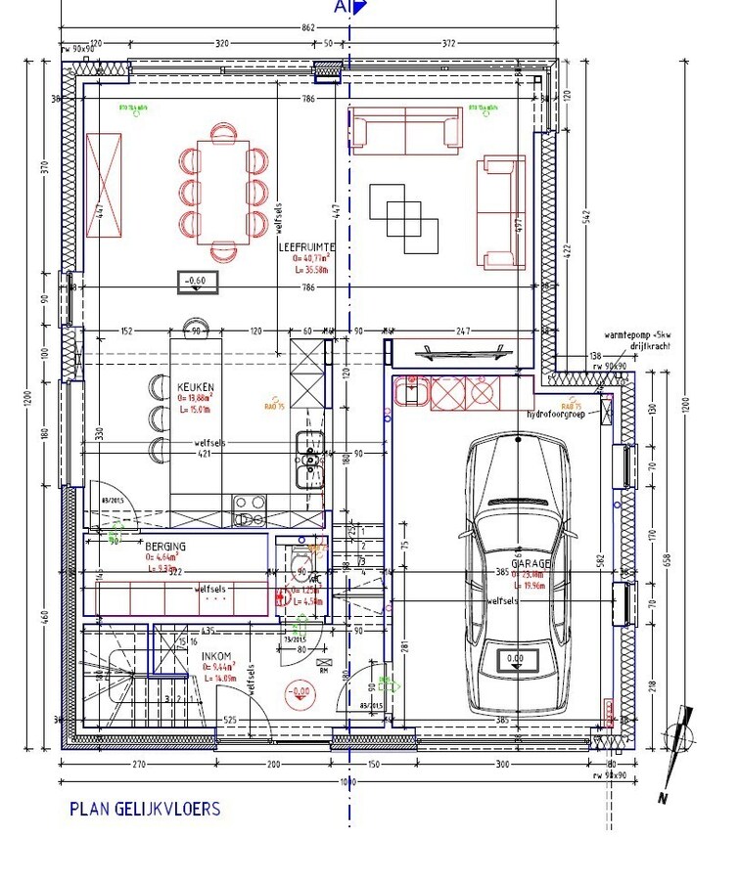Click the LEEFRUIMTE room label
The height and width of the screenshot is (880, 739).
tap(308, 248)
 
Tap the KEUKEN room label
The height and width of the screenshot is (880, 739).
tap(196, 387)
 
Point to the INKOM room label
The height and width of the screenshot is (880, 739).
tap(216, 654)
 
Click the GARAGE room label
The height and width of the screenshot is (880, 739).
tap(530, 564)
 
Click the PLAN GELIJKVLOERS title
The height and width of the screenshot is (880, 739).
tap(145, 809)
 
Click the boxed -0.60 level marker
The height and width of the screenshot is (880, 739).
tap(198, 282)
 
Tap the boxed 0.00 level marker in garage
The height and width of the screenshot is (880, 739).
tap(515, 659)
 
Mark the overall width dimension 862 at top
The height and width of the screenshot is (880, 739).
tap(308, 28)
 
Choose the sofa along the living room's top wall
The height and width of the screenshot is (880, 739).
tap(405, 131)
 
